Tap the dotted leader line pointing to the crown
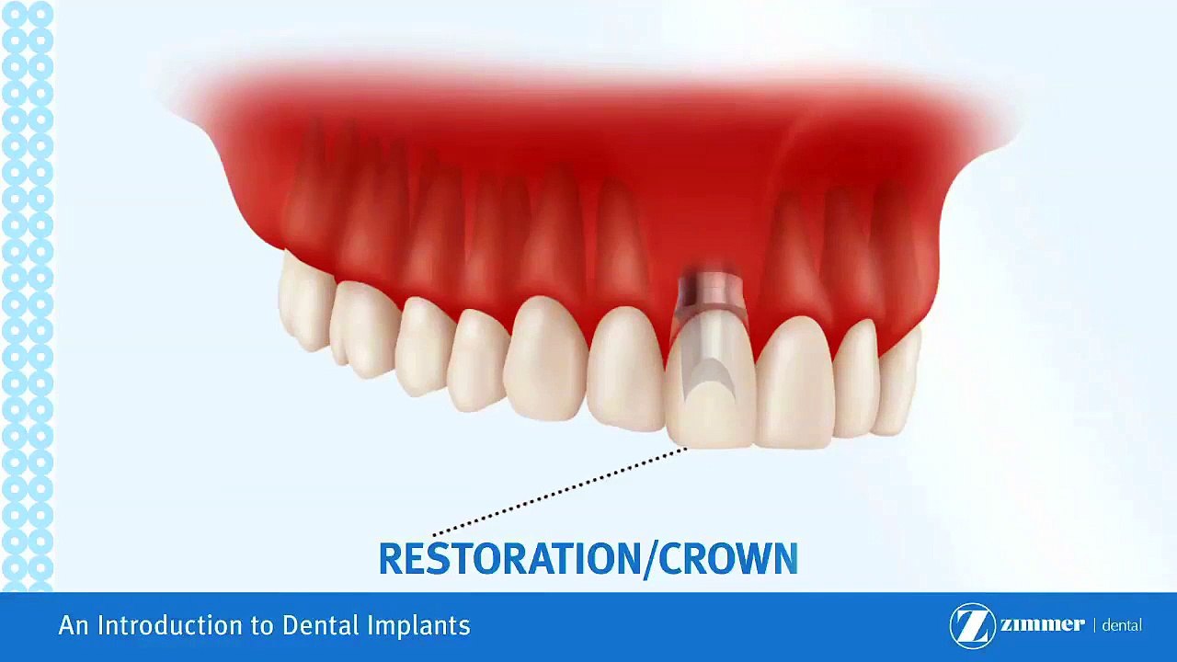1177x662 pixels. tap(561, 492)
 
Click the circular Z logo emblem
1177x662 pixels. tap(972, 625)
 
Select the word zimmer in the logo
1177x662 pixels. tap(1042, 624)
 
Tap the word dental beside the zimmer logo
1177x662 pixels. tap(1121, 625)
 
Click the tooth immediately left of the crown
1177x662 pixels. tap(625, 368)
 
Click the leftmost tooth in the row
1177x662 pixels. tap(303, 303)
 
